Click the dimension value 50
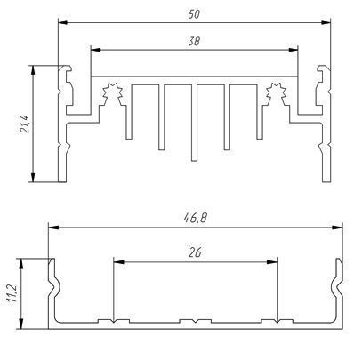tap(194, 14)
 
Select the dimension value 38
tap(194, 41)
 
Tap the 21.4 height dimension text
tap(25, 124)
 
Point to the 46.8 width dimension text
tap(195, 219)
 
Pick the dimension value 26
tap(195, 252)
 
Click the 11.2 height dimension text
tap(12, 293)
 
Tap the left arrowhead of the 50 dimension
tap(63, 22)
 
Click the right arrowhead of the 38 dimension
tap(293, 50)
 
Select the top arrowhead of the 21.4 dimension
tap(33, 70)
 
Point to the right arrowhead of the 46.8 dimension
tap(337, 228)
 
